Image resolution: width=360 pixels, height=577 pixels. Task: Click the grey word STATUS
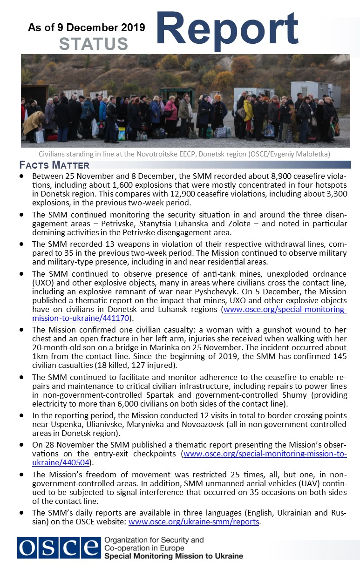click(94, 44)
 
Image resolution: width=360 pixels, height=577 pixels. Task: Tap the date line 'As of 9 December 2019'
click(87, 28)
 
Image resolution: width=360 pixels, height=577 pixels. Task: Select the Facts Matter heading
click(54, 165)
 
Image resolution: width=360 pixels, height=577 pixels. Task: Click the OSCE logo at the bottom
click(59, 548)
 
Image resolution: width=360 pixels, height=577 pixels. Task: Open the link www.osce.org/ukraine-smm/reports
click(194, 522)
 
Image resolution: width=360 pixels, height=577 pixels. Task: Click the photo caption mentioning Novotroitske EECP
click(185, 154)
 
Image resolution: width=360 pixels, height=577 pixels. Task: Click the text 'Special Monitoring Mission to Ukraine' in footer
click(174, 556)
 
